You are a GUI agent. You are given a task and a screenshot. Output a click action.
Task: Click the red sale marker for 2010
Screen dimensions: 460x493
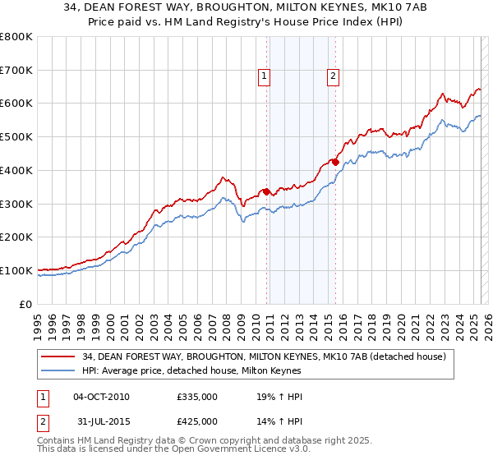[266, 191]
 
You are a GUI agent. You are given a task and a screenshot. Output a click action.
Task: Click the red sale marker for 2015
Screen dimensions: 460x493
[335, 162]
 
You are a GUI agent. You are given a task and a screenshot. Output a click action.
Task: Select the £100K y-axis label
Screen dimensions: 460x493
[16, 270]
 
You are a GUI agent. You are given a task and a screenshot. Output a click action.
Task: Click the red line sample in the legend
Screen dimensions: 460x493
[58, 356]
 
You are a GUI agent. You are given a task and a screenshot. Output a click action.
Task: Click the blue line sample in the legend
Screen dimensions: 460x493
[58, 370]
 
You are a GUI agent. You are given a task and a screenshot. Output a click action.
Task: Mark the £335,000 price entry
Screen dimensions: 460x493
[196, 397]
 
